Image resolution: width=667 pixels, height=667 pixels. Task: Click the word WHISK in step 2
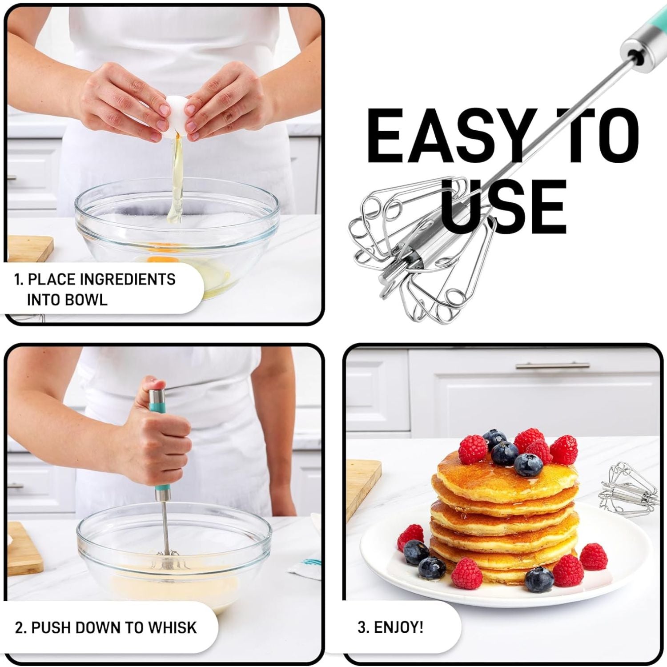point(172,627)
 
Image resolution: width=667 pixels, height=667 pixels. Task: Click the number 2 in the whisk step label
point(19,628)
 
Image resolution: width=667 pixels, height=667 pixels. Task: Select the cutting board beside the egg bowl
point(29,249)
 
